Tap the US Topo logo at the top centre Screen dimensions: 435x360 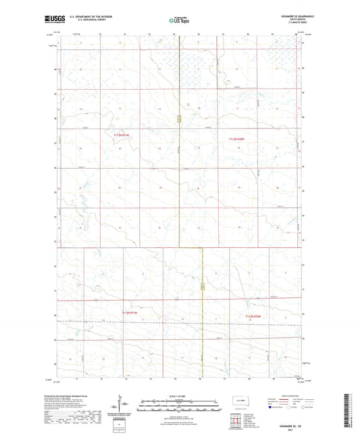coord(179,21)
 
